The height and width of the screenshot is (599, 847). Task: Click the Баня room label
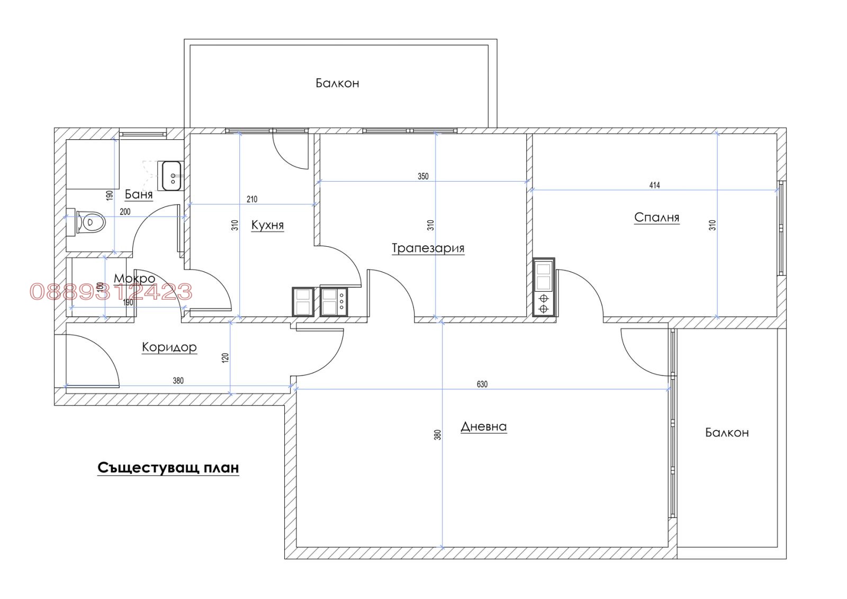tap(138, 194)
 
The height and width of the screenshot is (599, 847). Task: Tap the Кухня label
tap(267, 225)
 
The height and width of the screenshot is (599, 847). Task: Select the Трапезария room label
tap(428, 248)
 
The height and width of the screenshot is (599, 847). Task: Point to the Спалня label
tap(657, 218)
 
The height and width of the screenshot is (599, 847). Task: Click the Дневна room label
tap(484, 427)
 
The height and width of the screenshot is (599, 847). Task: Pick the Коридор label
tap(169, 347)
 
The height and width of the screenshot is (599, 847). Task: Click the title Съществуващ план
tap(168, 468)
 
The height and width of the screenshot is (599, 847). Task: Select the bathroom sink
tap(172, 176)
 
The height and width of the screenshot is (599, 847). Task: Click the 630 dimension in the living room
tap(482, 385)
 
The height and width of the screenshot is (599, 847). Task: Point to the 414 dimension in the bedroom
tap(654, 185)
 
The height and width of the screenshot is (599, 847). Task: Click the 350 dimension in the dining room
tap(423, 176)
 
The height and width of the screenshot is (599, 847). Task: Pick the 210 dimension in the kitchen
tap(252, 200)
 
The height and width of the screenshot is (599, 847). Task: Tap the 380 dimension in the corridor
tap(178, 381)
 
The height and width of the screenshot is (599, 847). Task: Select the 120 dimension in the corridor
tap(226, 358)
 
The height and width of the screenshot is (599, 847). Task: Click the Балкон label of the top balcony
tap(337, 83)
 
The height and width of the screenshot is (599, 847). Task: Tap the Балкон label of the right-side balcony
tap(727, 433)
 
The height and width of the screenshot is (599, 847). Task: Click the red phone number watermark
tap(111, 292)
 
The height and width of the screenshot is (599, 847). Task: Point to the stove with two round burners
tap(543, 287)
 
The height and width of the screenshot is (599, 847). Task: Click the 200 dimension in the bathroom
tap(125, 212)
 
